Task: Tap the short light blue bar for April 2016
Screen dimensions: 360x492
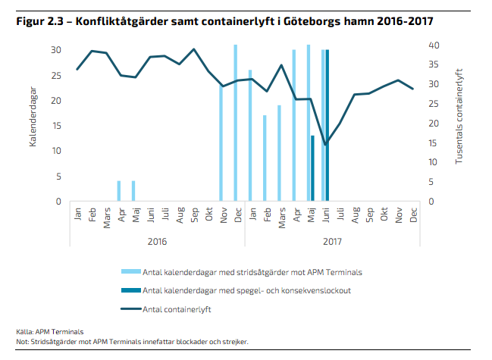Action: tap(119, 191)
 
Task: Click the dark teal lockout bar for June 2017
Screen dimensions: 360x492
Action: tap(327, 125)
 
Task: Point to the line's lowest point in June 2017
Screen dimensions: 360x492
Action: tap(325, 144)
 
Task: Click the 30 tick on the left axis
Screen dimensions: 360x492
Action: tap(56, 50)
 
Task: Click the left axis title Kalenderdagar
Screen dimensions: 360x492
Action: tap(33, 121)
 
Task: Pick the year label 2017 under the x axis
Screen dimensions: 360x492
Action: tap(332, 240)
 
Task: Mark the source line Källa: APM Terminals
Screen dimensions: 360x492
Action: tap(49, 332)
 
